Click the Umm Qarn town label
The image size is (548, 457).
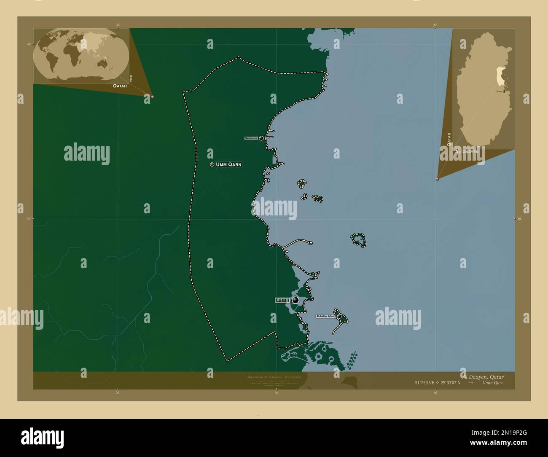pyautogui.click(x=229, y=164)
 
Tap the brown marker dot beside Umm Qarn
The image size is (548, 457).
pyautogui.click(x=212, y=164)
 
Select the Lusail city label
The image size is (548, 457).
pyautogui.click(x=282, y=300)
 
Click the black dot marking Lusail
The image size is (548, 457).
pyautogui.click(x=295, y=300)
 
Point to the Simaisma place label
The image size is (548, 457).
pyautogui.click(x=251, y=138)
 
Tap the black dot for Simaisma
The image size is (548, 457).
pyautogui.click(x=261, y=138)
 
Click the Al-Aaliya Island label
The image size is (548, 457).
pyautogui.click(x=326, y=316)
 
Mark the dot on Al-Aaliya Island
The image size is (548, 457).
pyautogui.click(x=339, y=316)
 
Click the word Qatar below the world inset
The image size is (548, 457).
pyautogui.click(x=120, y=85)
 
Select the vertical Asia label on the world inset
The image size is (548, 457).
pyautogui.click(x=131, y=78)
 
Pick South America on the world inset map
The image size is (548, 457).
pyautogui.click(x=50, y=63)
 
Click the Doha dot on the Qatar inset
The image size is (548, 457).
pyautogui.click(x=504, y=91)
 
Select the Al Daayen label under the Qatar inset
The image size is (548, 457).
pyautogui.click(x=466, y=151)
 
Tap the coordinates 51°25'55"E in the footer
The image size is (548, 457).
pyautogui.click(x=425, y=383)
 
